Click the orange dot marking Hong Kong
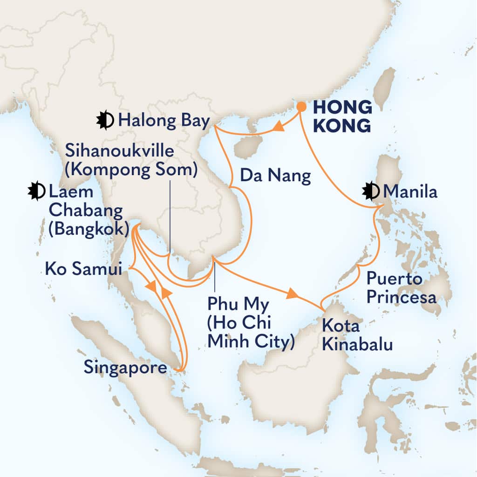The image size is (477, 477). click(x=301, y=107)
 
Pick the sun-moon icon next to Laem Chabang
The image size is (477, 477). click(x=36, y=191)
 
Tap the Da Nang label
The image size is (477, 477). click(x=275, y=176)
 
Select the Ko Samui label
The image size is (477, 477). click(x=83, y=269)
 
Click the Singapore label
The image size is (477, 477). click(x=125, y=368)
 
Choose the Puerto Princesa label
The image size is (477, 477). click(x=401, y=288)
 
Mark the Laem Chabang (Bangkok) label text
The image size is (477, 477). click(x=86, y=211)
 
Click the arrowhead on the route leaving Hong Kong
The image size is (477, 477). click(x=279, y=126)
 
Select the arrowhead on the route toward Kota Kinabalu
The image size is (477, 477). click(x=292, y=293)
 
